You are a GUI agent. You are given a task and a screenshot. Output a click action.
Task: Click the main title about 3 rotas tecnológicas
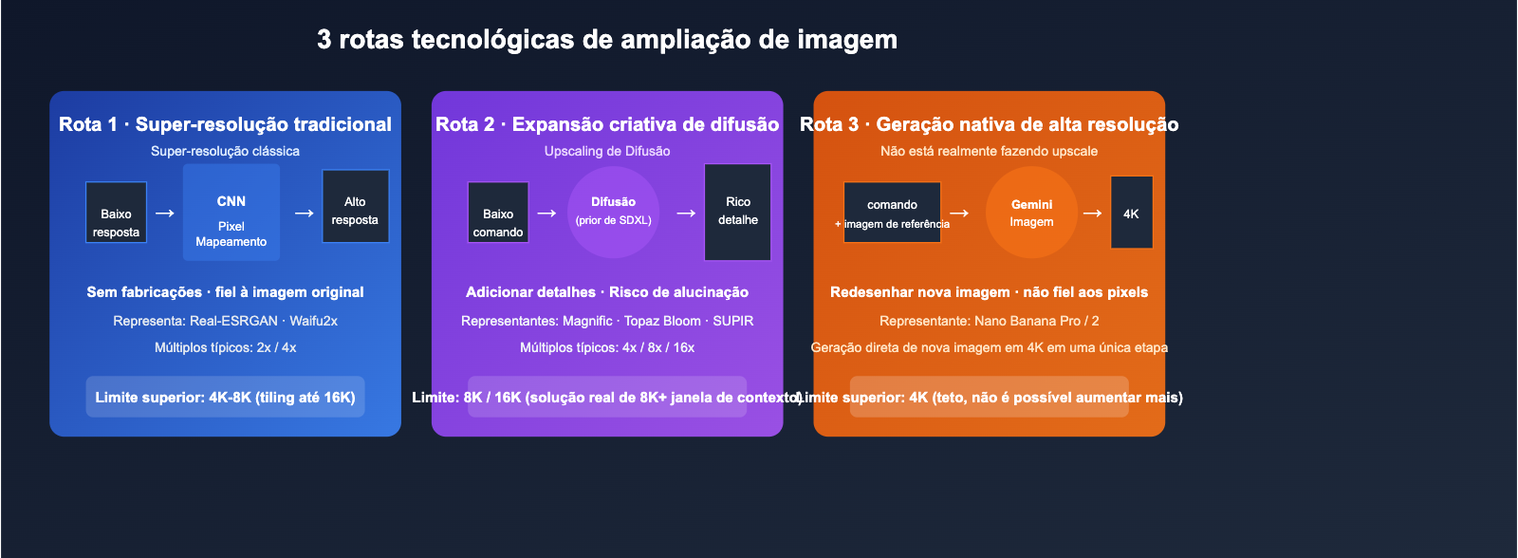[x=607, y=40]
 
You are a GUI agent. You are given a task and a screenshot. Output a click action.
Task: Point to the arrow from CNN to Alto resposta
[x=304, y=214]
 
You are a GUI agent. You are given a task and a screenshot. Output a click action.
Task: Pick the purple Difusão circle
[x=613, y=213]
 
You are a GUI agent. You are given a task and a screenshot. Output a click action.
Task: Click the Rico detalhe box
[x=737, y=212]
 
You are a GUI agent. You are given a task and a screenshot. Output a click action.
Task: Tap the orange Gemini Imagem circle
[x=1031, y=213]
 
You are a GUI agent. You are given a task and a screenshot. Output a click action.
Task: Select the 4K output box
[x=1131, y=213]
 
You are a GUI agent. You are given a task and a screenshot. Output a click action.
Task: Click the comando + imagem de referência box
[x=892, y=213]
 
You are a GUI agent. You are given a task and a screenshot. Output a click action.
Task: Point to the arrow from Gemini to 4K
[x=1092, y=214]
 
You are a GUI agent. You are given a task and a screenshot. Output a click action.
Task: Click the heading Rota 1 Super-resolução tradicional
[x=225, y=124]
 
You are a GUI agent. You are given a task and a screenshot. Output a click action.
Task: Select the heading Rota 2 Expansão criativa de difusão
[x=607, y=124]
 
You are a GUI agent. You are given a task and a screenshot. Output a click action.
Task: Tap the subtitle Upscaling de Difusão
[x=607, y=151]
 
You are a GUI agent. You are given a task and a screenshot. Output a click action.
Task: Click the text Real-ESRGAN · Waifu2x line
[x=225, y=321]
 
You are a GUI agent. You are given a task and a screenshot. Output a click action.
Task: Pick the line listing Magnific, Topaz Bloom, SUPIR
[x=607, y=321]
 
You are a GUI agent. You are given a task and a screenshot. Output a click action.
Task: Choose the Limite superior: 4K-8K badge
[x=225, y=397]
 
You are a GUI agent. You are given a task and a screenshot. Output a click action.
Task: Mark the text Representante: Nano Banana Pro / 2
[x=989, y=321]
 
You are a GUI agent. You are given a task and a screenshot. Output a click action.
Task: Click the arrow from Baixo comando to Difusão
[x=546, y=214]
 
